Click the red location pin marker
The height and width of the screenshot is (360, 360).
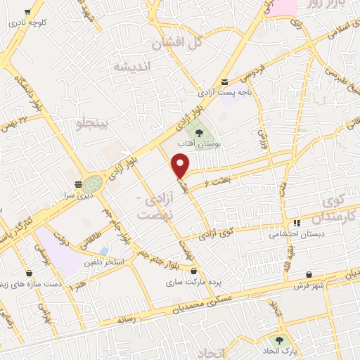(181, 165)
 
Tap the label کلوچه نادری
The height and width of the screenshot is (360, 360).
(27, 22)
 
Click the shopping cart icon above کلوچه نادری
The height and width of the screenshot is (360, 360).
(27, 12)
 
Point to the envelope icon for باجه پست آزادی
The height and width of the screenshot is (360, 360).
(225, 82)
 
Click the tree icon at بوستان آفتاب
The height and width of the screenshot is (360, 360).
(200, 132)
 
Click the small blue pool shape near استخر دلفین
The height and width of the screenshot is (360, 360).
(105, 250)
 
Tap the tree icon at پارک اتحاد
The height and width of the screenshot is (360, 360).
(279, 339)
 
